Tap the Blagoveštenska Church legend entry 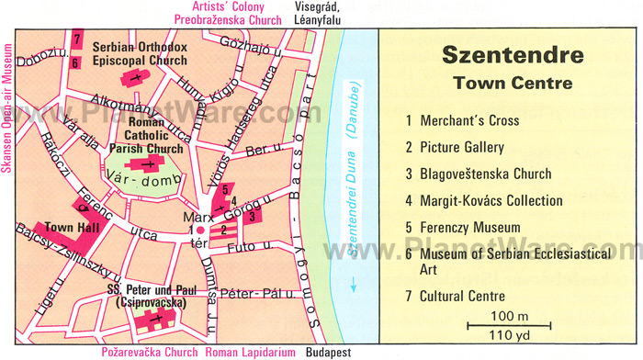point(486,174)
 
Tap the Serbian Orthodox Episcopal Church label point(142,54)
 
